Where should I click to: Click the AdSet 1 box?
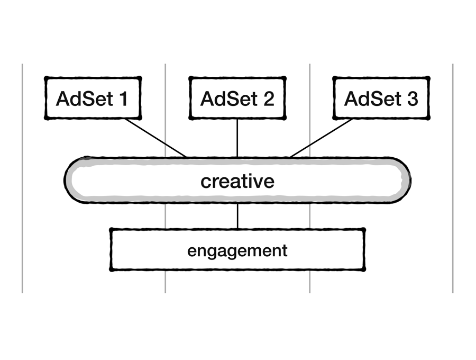93,98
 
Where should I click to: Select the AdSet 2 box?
237,98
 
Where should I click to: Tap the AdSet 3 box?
381,98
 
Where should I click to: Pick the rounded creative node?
237,180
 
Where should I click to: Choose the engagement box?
237,250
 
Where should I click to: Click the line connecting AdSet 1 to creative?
156,138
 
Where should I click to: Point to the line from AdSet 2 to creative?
237,138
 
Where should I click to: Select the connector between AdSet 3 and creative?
322,138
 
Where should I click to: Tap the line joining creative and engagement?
237,216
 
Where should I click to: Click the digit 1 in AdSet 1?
123,98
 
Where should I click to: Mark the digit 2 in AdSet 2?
269,98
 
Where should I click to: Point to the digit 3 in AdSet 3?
413,98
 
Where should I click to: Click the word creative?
237,181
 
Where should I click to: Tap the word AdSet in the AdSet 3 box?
372,98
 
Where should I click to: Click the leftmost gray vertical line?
22,178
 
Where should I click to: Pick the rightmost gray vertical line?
453,178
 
